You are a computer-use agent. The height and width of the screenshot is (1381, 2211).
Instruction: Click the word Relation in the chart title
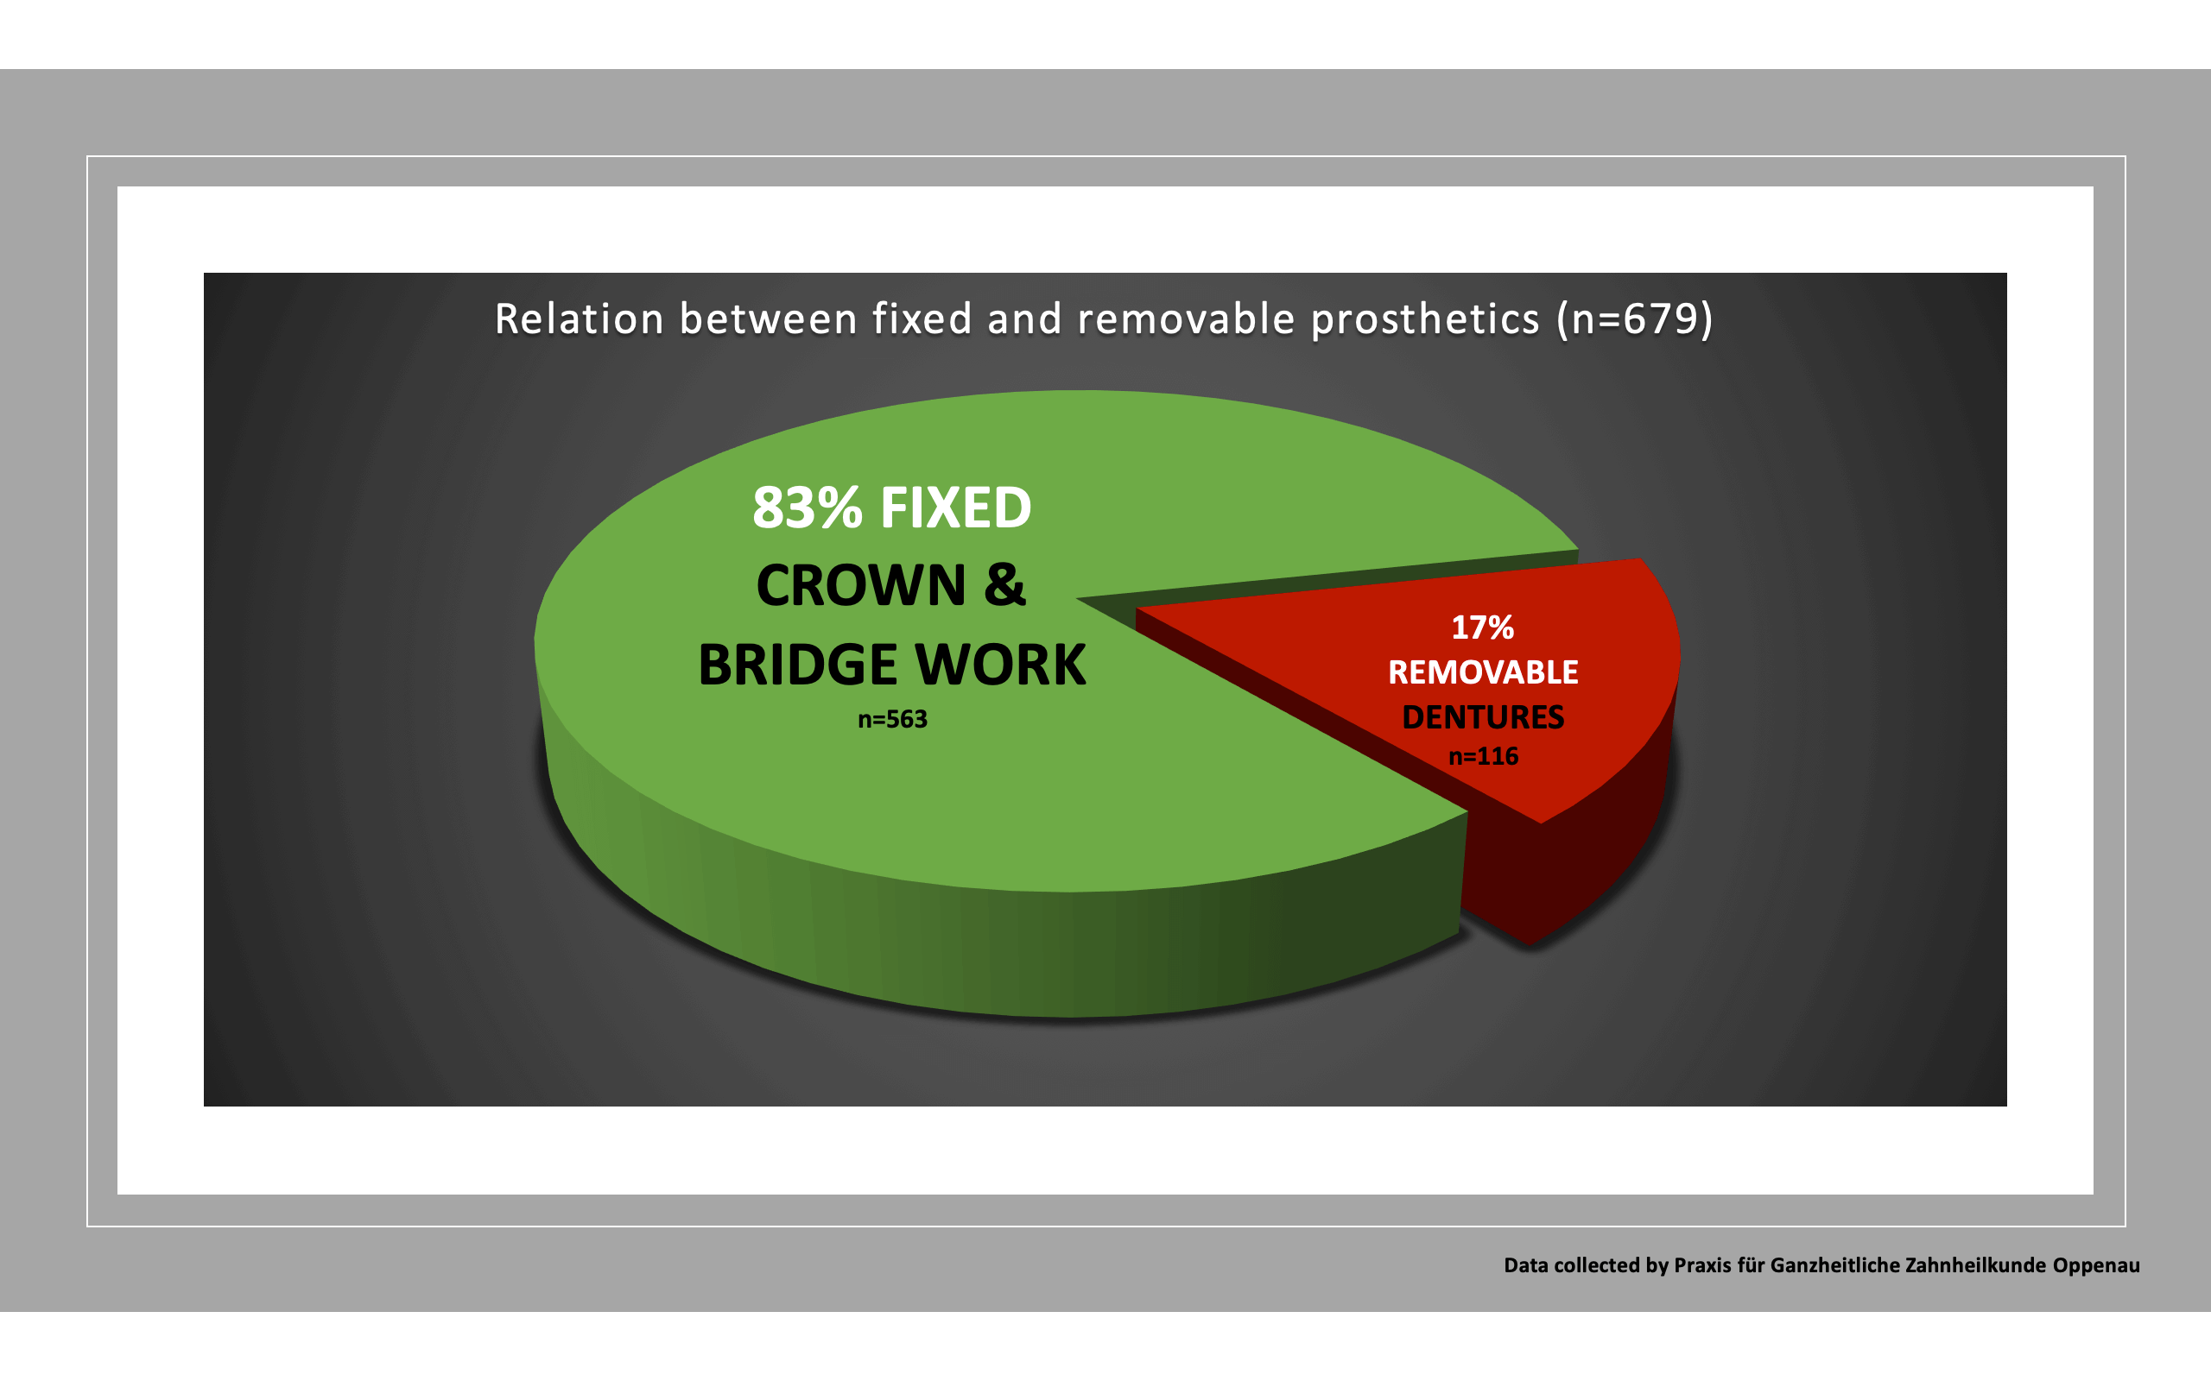[x=580, y=319]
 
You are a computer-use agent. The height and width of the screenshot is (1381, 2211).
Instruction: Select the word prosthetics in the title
[x=1425, y=319]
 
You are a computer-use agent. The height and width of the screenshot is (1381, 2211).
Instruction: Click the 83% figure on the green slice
[x=807, y=508]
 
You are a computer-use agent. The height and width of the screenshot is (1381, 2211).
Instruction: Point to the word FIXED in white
[x=956, y=508]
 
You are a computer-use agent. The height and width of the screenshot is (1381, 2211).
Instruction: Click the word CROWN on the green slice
[x=860, y=585]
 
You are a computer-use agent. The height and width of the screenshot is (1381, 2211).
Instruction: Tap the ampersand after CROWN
[x=1005, y=585]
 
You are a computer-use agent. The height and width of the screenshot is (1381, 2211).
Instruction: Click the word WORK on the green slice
[x=1000, y=665]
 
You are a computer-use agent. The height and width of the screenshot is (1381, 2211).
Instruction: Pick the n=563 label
[x=891, y=720]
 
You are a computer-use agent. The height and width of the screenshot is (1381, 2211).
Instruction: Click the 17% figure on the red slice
[x=1482, y=627]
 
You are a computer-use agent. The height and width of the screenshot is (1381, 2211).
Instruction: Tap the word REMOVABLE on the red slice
[x=1482, y=672]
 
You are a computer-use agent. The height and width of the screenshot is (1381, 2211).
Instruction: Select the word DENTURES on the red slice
[x=1482, y=717]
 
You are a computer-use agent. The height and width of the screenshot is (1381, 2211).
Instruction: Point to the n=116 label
[x=1483, y=756]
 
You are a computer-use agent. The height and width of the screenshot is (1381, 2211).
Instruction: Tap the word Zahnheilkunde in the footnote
[x=1961, y=1266]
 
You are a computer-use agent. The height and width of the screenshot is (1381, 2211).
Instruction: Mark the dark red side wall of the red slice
[x=1590, y=859]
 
